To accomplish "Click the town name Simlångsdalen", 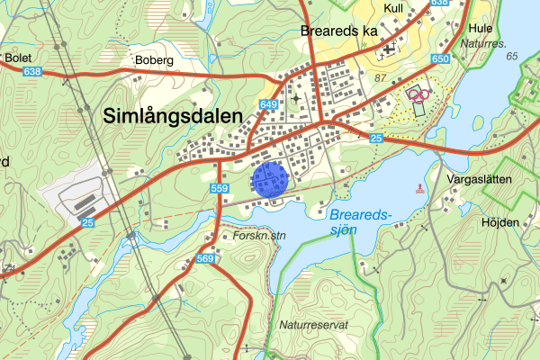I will click(x=172, y=116).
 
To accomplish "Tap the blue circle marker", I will click(x=270, y=178).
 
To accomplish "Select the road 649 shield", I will click(x=269, y=104).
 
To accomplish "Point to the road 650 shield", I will click(x=439, y=58).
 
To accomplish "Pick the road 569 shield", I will click(x=205, y=260).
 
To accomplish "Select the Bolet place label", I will click(x=18, y=58).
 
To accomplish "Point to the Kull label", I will click(x=392, y=7).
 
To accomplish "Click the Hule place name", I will click(x=480, y=27).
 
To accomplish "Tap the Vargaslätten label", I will click(x=479, y=179).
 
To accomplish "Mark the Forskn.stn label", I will click(x=259, y=236).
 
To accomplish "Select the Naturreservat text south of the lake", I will click(x=313, y=324).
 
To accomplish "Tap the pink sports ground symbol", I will click(x=416, y=93).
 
